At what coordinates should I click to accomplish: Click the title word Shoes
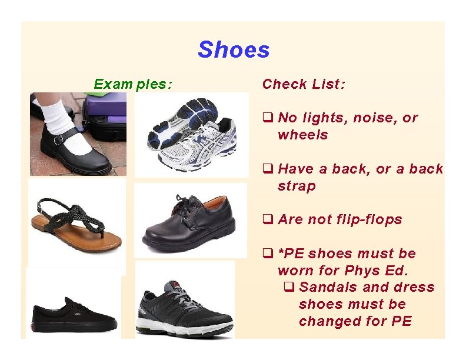[x=234, y=50]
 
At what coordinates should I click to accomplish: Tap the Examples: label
[x=133, y=84]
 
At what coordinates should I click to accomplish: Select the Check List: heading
[x=304, y=84]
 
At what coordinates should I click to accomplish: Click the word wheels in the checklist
[x=302, y=135]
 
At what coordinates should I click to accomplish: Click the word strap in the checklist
[x=297, y=186]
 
